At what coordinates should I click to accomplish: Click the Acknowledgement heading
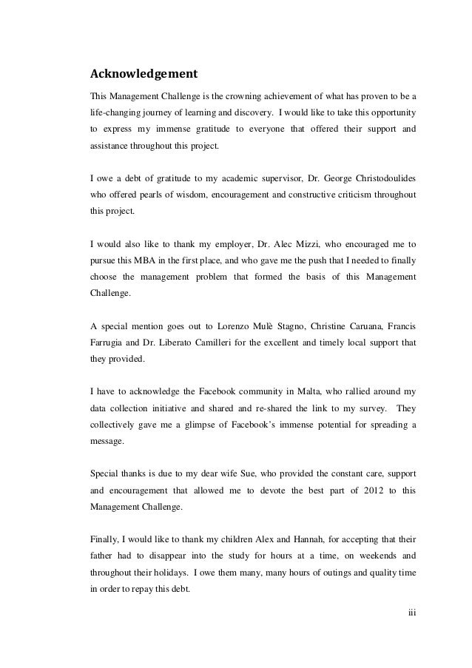143,74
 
